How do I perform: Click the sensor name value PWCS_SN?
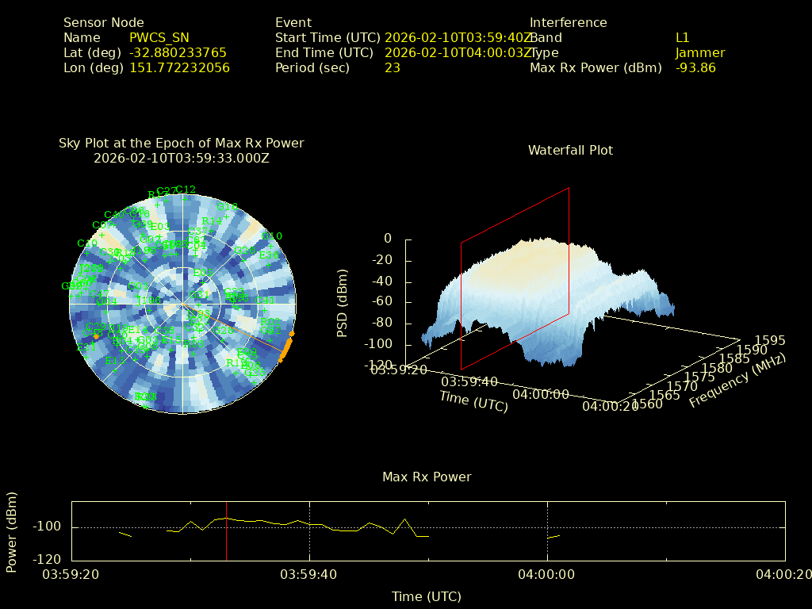pos(159,37)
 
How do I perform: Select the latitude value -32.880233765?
pos(178,52)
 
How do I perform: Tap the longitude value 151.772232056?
pos(179,67)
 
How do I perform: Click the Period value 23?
pos(392,67)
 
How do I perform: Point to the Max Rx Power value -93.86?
pos(695,67)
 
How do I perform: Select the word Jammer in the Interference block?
pos(699,52)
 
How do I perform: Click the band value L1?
pos(682,37)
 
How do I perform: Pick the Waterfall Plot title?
pos(570,150)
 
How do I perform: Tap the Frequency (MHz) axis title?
pos(737,381)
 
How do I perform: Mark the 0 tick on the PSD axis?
pos(388,238)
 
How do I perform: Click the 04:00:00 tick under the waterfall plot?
pos(541,394)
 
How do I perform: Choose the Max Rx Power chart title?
pos(427,477)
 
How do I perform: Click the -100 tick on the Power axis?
pos(47,527)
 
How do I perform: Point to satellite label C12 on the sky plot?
pos(186,190)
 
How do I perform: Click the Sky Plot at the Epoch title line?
pos(181,143)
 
